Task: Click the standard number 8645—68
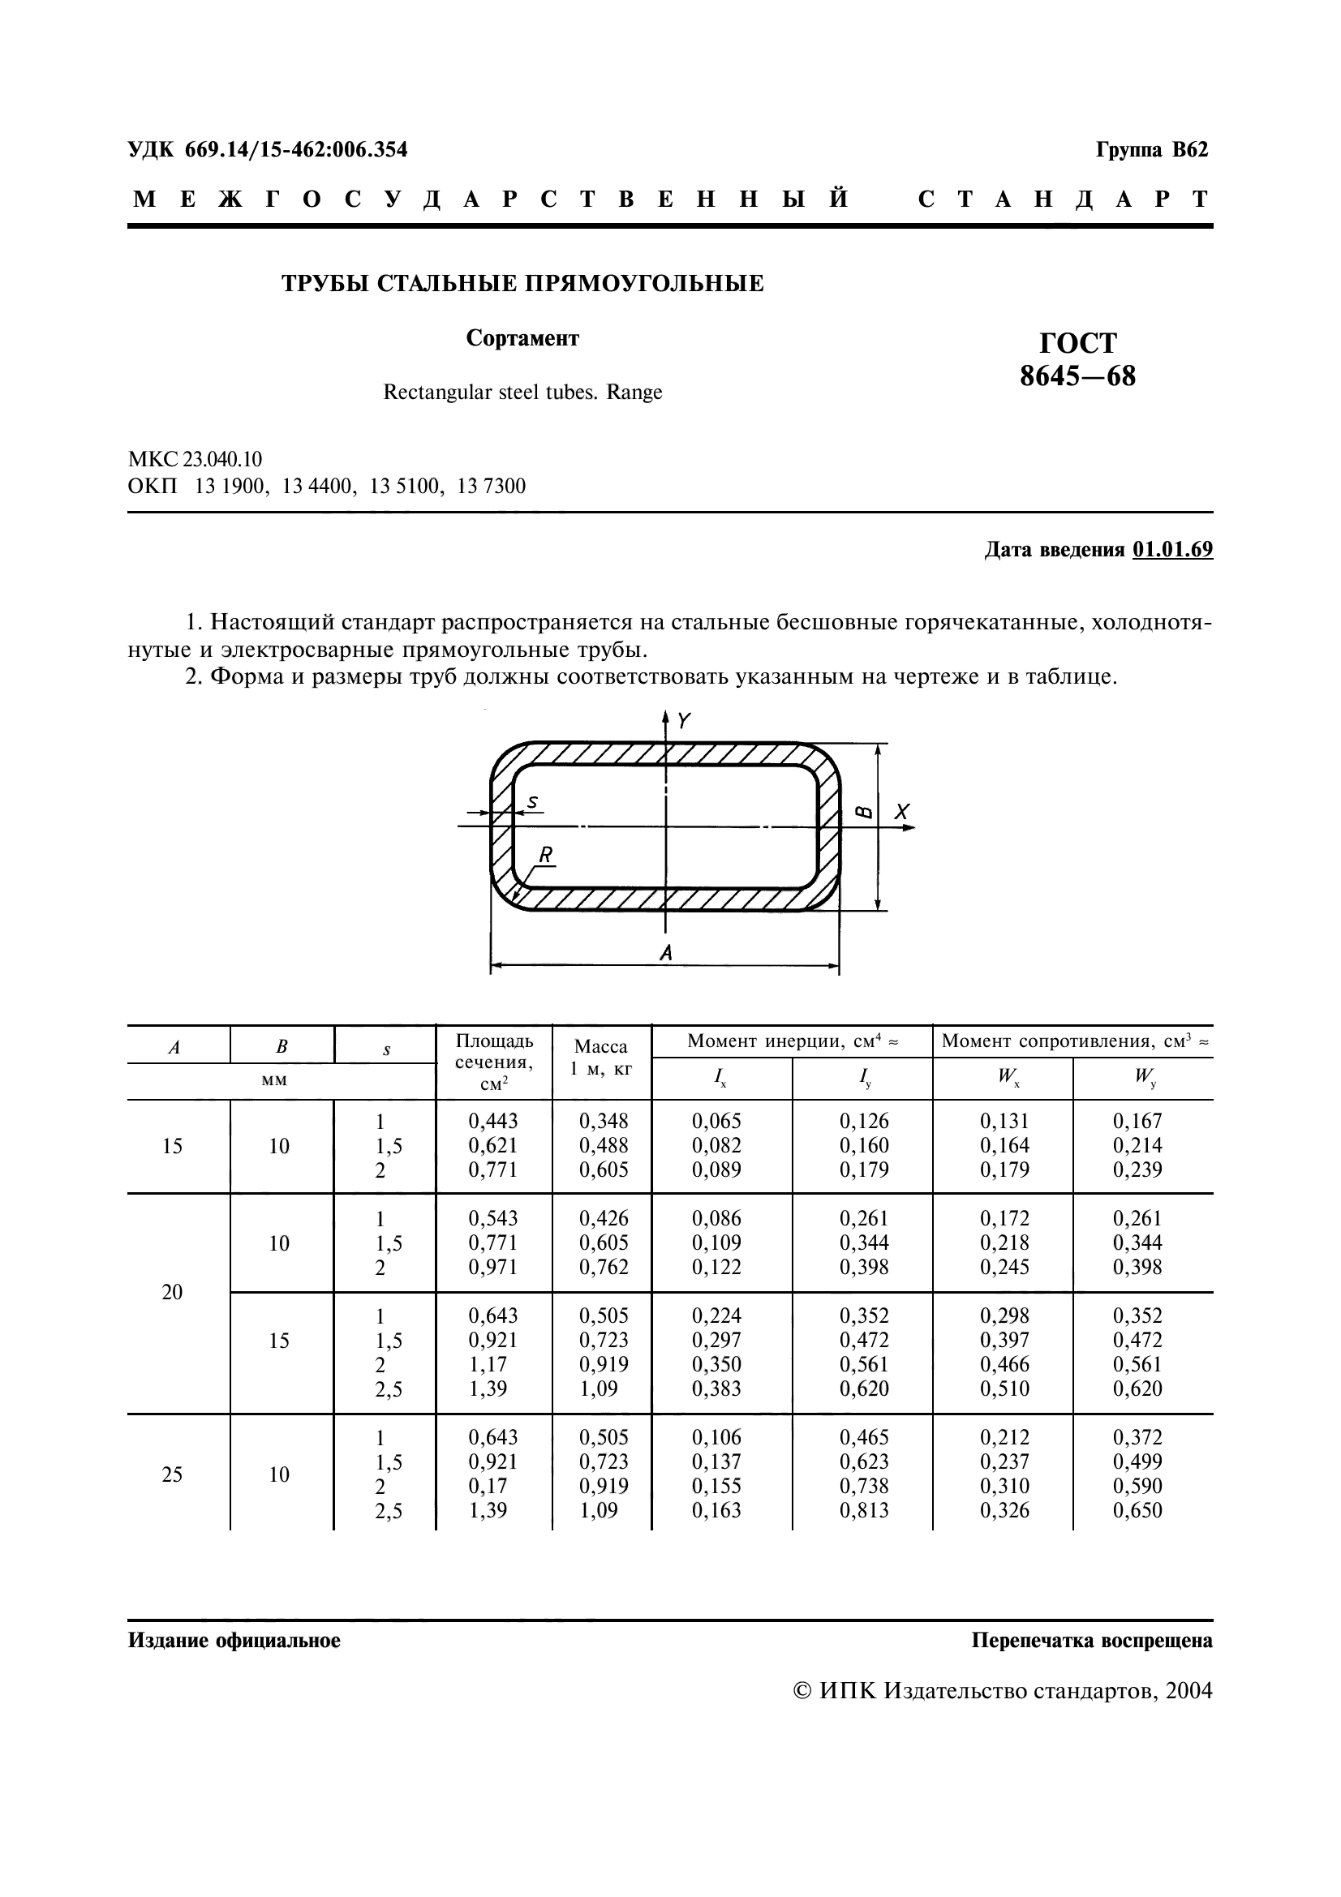[x=1077, y=377]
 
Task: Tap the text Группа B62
[x=1152, y=150]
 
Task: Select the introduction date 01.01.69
[x=1172, y=550]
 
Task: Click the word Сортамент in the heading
[x=522, y=338]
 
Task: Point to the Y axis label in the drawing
[x=683, y=721]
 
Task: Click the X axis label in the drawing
[x=901, y=812]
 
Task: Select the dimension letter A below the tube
[x=666, y=954]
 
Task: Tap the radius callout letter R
[x=545, y=855]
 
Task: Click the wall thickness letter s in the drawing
[x=532, y=801]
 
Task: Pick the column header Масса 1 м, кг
[x=600, y=1057]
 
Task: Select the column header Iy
[x=864, y=1076]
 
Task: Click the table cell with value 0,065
[x=716, y=1121]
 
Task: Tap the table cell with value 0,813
[x=864, y=1510]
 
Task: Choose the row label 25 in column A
[x=172, y=1474]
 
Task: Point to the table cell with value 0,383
[x=716, y=1388]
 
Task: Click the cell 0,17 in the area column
[x=488, y=1487]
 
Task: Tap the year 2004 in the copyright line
[x=1188, y=1690]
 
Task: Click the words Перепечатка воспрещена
[x=1091, y=1640]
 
